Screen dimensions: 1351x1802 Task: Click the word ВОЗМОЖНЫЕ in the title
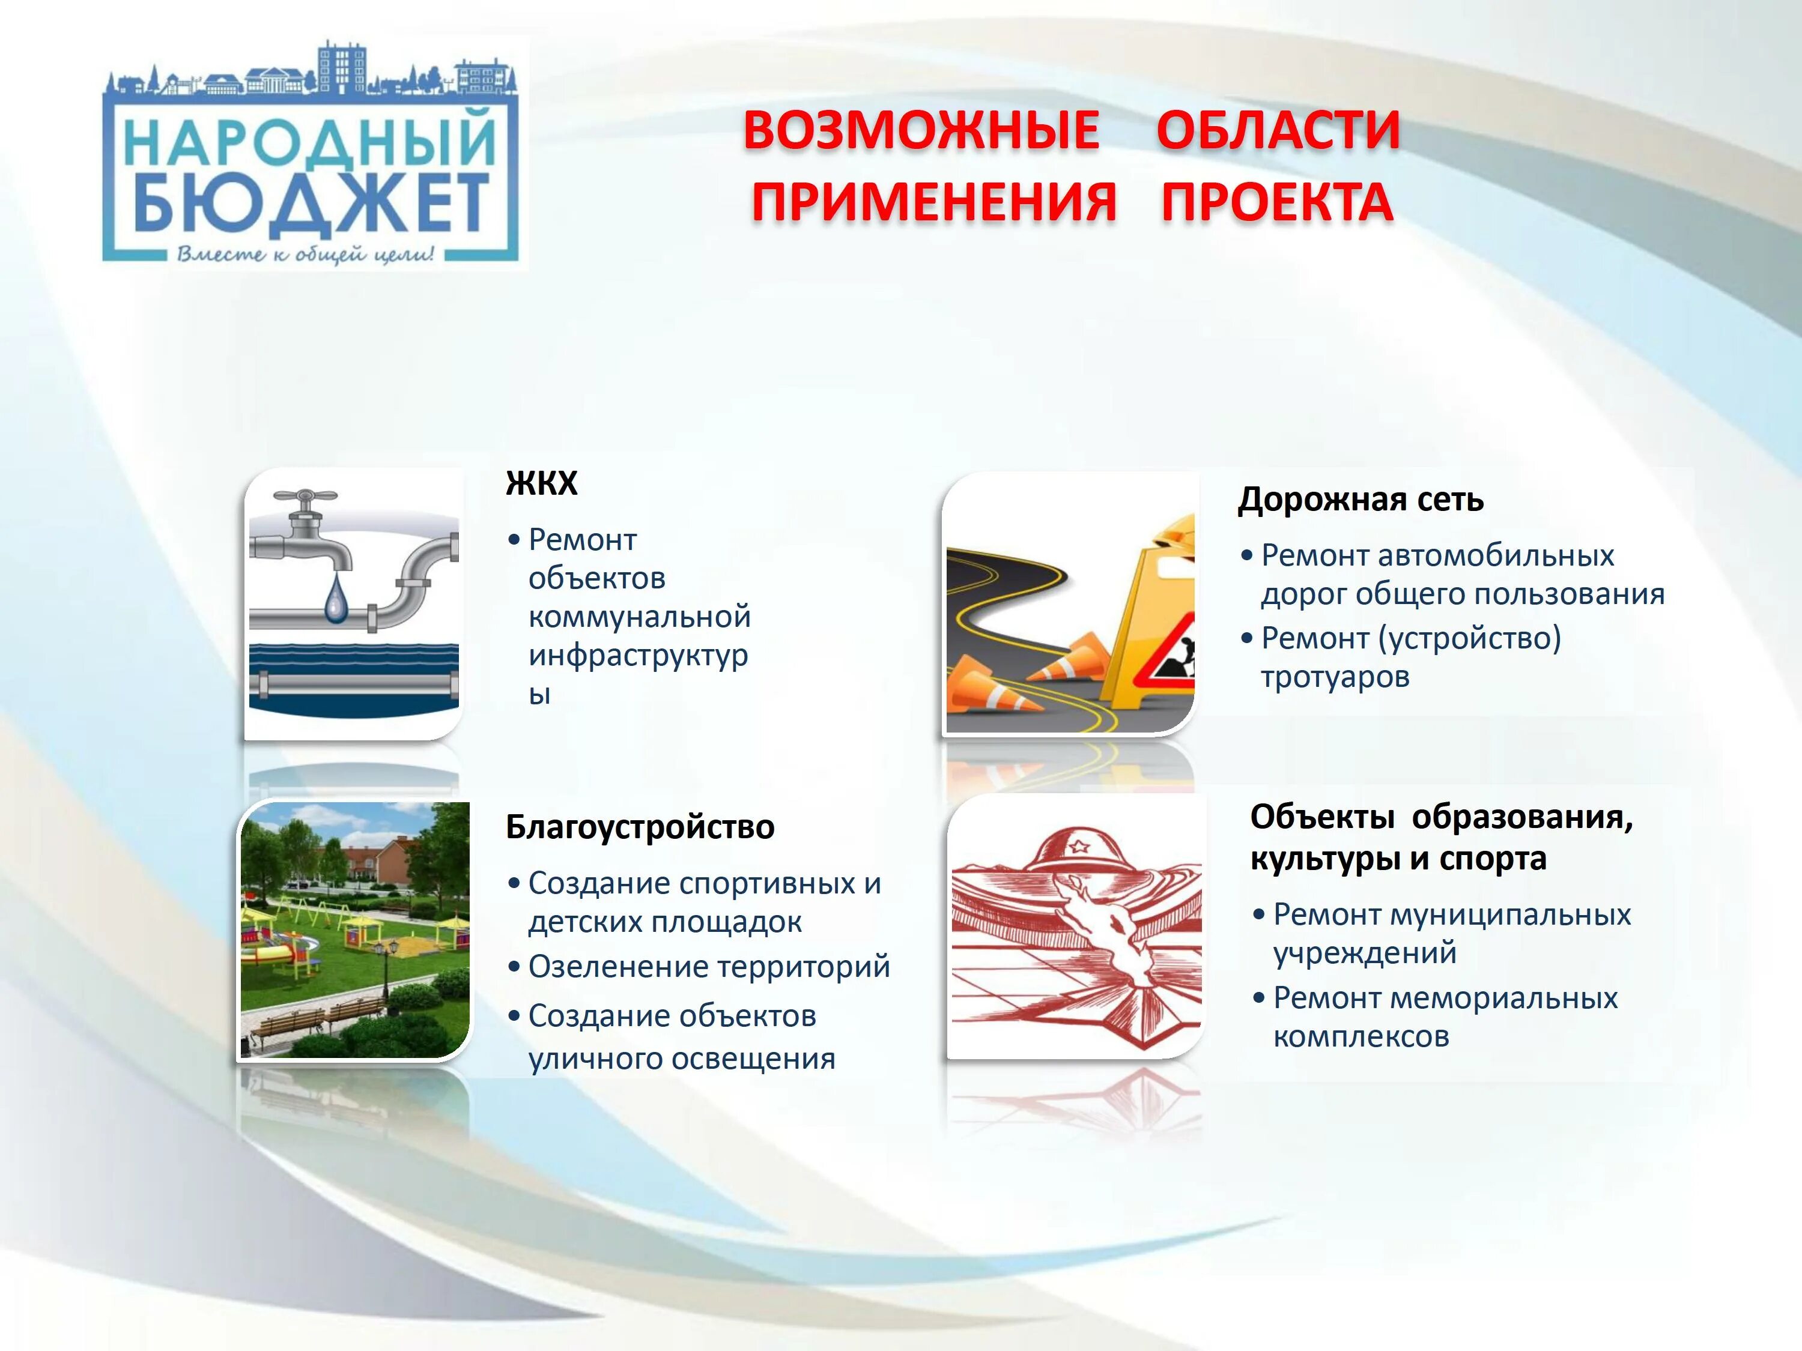pyautogui.click(x=921, y=130)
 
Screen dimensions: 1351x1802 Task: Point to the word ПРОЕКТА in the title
pyautogui.click(x=1276, y=202)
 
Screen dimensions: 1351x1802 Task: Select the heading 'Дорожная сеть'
pyautogui.click(x=1361, y=499)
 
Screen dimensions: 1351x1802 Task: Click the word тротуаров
pyautogui.click(x=1335, y=677)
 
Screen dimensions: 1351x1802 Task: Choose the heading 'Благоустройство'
pyautogui.click(x=640, y=827)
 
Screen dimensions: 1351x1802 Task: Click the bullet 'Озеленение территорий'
pyautogui.click(x=709, y=967)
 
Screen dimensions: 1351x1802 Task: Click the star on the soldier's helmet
pyautogui.click(x=1079, y=847)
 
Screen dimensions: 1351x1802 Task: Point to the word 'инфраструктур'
pyautogui.click(x=638, y=656)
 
